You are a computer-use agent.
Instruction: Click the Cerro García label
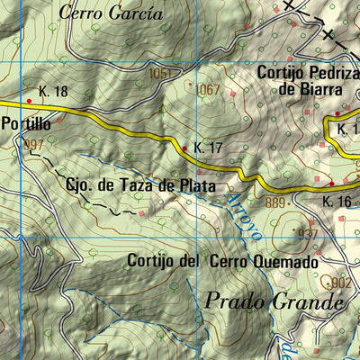112,13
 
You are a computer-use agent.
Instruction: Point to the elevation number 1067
207,89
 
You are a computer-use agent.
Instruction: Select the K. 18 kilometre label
54,92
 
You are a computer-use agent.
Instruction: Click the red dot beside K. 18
29,92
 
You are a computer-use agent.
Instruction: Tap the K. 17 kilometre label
209,147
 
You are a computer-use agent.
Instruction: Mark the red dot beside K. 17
185,148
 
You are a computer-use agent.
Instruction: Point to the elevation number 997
34,145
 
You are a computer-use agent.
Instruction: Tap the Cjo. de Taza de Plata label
139,186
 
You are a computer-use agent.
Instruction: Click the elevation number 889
275,203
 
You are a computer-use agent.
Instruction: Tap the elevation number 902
341,282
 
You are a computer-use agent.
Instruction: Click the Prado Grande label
274,301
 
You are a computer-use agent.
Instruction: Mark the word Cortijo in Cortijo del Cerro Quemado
149,262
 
